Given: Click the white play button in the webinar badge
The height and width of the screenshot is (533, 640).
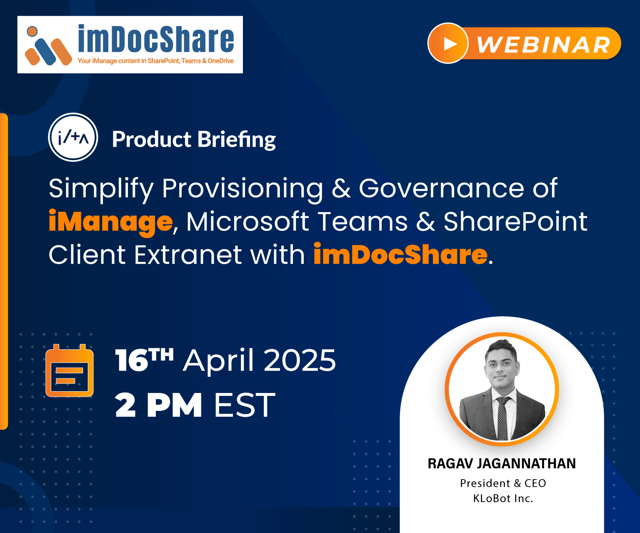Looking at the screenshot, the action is tap(450, 44).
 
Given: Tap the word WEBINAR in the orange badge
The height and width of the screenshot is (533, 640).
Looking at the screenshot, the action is tap(543, 45).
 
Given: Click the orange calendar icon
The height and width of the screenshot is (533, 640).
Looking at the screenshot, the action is tap(70, 370).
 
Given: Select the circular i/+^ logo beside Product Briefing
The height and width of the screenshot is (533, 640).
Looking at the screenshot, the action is tap(73, 138).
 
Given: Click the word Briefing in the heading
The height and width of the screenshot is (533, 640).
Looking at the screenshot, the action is tap(236, 140).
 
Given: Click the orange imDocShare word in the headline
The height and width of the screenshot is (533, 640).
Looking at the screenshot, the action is tap(400, 254).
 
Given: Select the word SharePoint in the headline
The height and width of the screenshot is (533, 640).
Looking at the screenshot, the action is tap(515, 221).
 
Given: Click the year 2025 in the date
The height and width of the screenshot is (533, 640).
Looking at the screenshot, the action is tap(300, 360).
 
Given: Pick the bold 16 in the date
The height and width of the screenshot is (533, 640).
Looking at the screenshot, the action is tap(132, 360).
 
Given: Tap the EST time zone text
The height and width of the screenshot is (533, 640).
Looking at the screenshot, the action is tap(244, 405).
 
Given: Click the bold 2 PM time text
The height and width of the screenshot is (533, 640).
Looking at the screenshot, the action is tap(158, 405).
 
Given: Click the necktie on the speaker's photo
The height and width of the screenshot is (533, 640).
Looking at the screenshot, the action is tap(502, 417).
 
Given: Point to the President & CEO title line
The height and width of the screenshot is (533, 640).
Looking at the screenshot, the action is tap(503, 483).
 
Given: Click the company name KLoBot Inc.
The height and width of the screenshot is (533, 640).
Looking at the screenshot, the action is tap(503, 499).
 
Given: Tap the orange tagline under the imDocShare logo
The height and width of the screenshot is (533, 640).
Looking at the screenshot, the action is tap(156, 61).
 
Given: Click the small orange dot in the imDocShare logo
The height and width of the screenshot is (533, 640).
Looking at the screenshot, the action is tap(32, 31).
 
